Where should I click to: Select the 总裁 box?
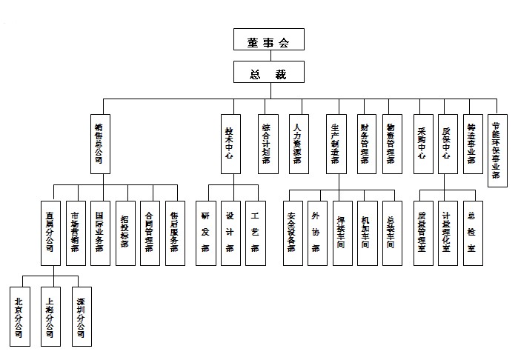click(x=267, y=73)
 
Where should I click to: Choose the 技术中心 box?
click(x=230, y=142)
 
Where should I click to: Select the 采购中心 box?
click(x=422, y=142)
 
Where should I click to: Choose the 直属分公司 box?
click(x=50, y=233)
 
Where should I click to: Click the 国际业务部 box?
click(x=99, y=233)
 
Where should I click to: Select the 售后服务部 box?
click(x=173, y=233)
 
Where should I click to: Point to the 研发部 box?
click(x=205, y=233)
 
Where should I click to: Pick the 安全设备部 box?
click(x=292, y=233)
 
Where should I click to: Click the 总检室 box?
click(x=472, y=233)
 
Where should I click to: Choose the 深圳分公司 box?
click(x=82, y=316)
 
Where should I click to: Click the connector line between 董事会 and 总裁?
click(x=267, y=56)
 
